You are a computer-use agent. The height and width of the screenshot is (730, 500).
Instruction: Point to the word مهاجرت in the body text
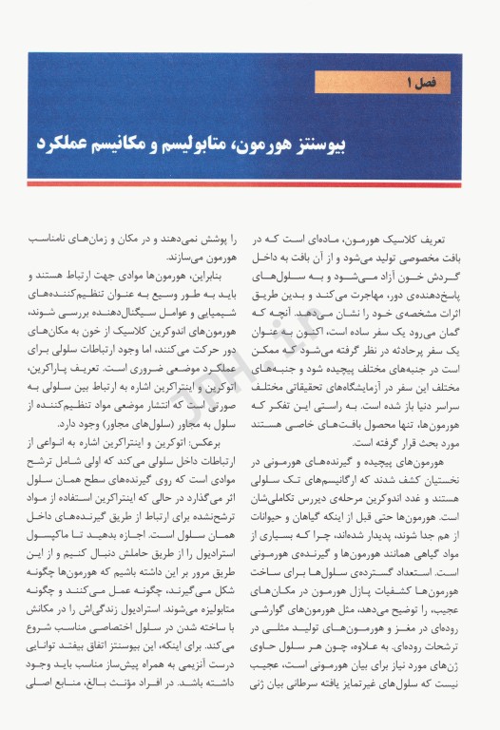(x=355, y=298)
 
